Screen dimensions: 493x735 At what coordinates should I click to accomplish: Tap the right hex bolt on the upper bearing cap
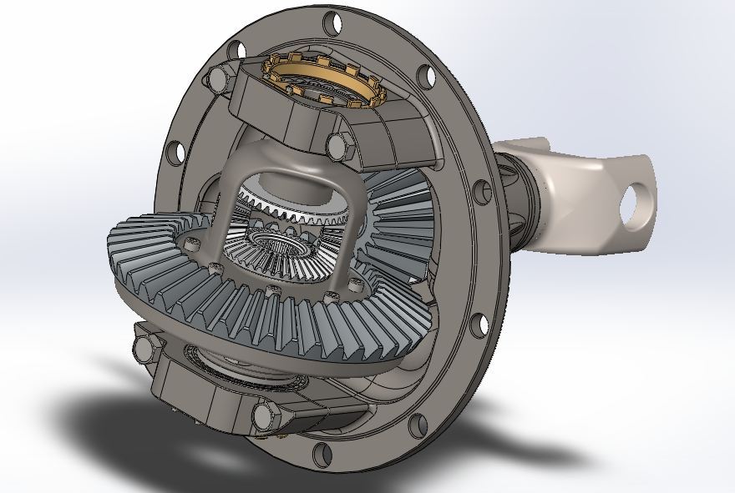click(x=336, y=145)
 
